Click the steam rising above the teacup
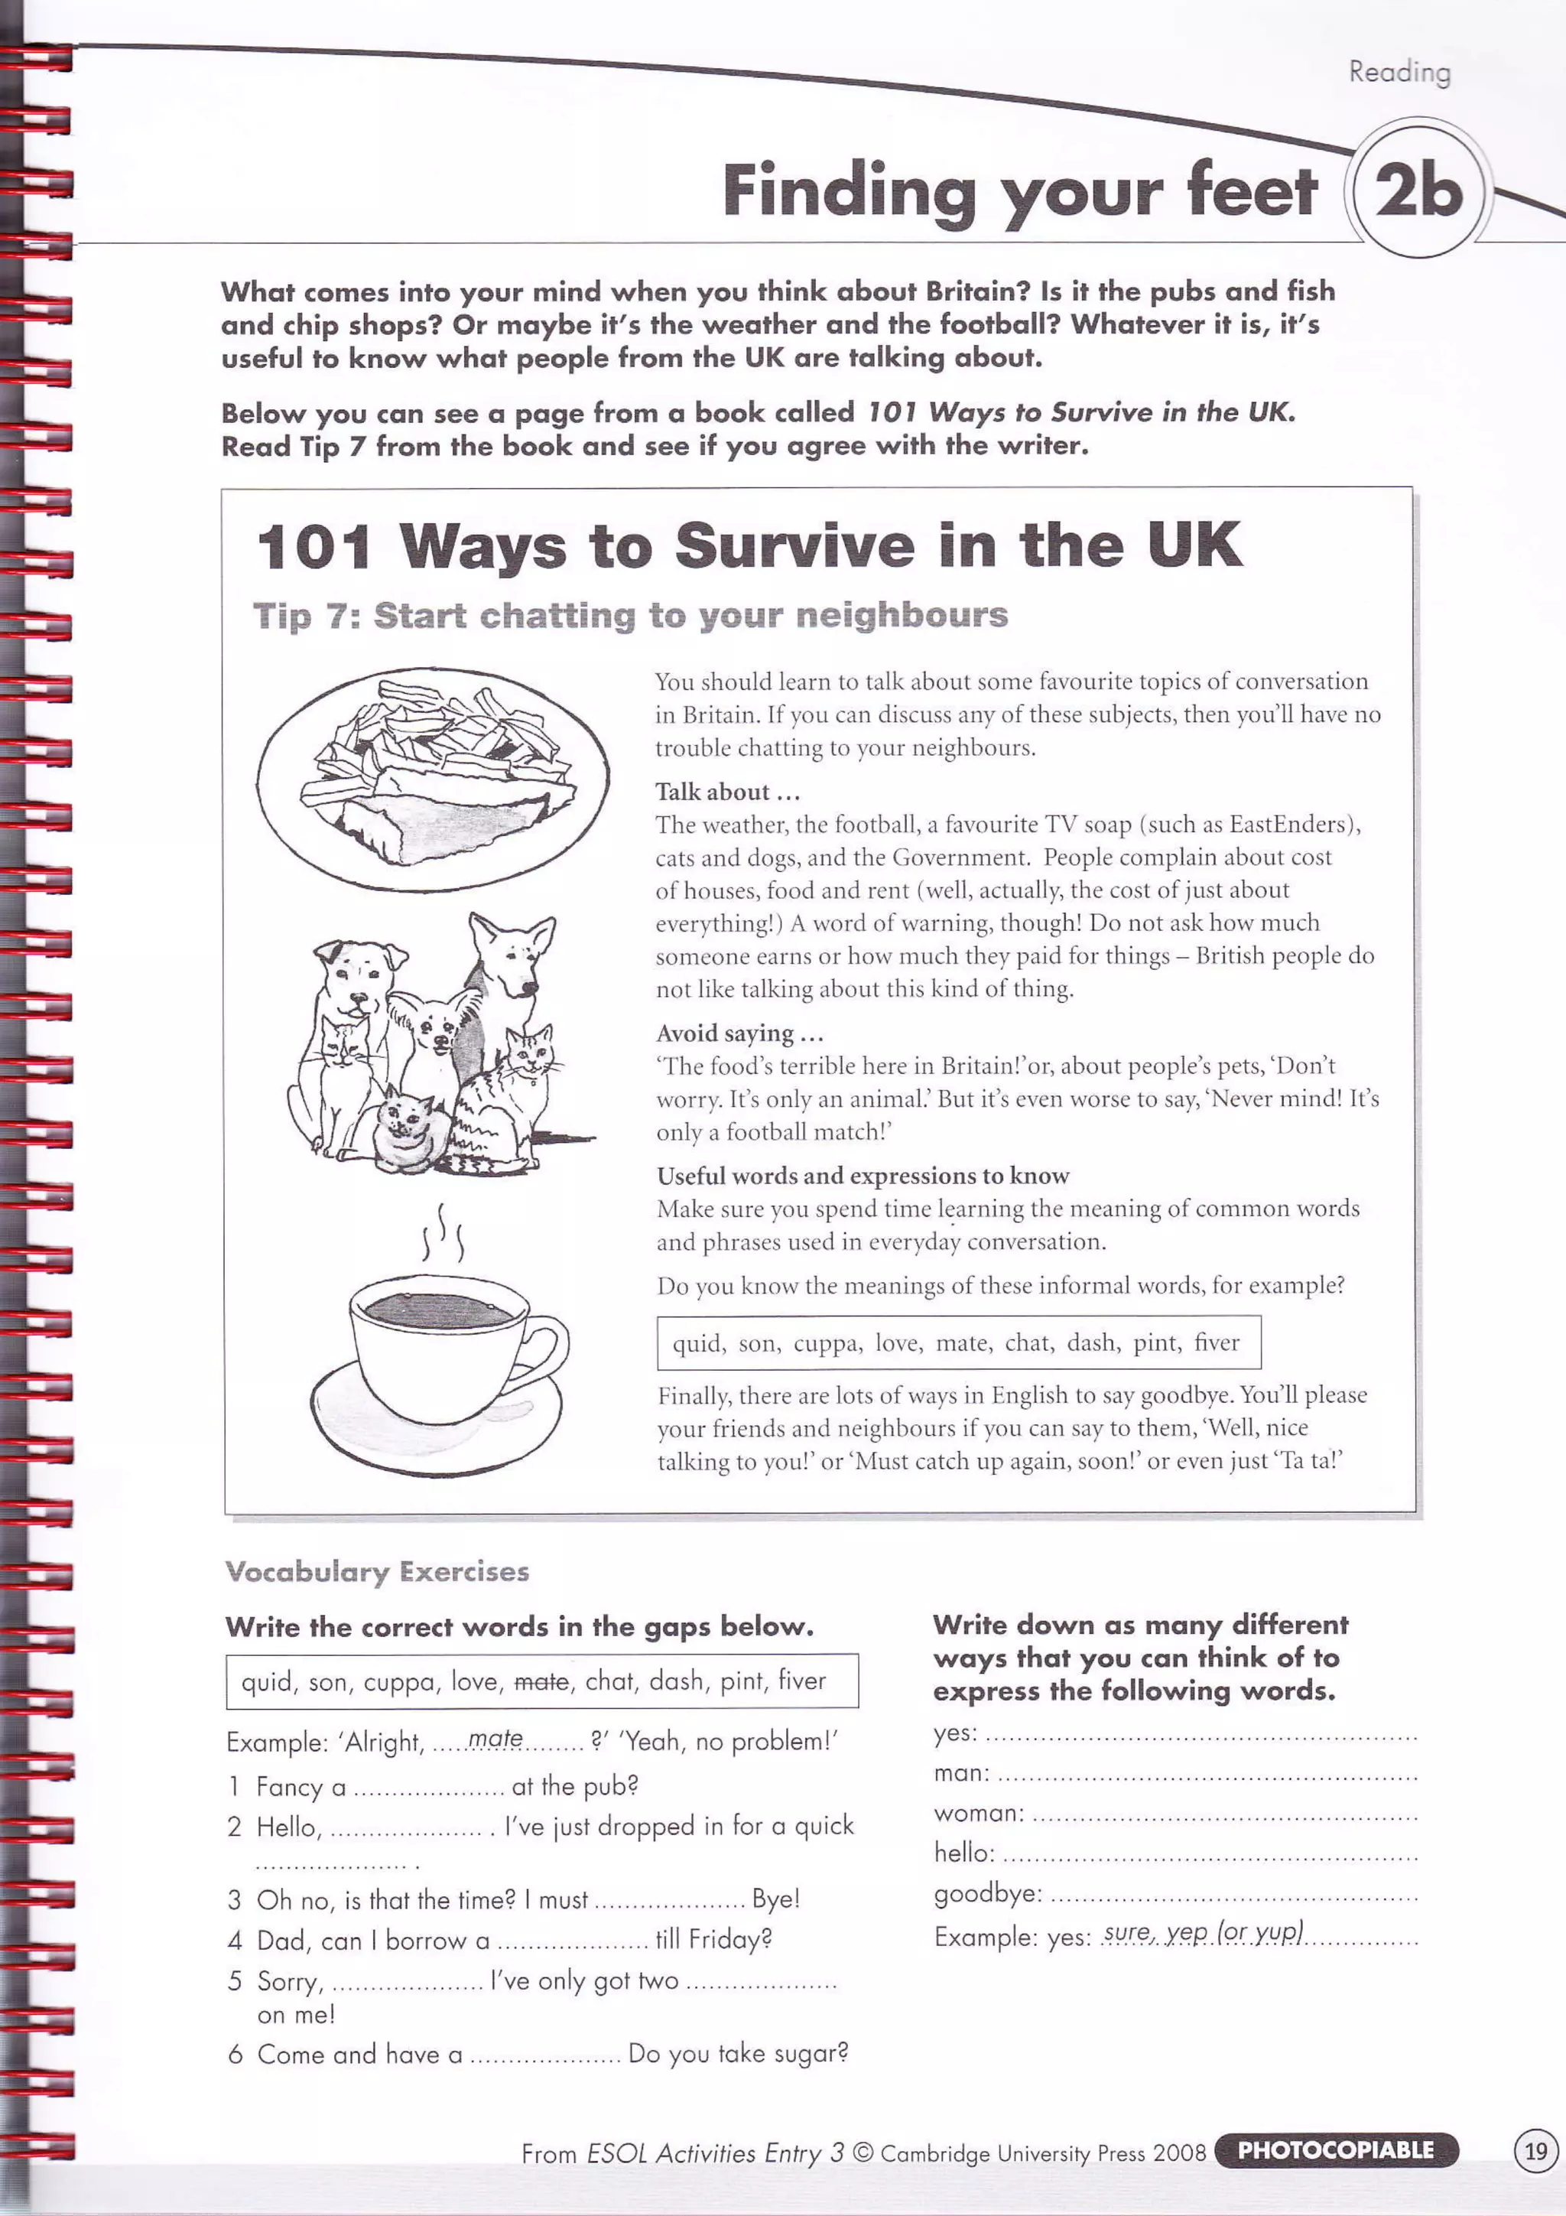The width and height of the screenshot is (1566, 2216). pyautogui.click(x=442, y=1234)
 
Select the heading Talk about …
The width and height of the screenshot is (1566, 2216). pyautogui.click(x=727, y=792)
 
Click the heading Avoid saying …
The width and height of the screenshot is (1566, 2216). pyautogui.click(x=739, y=1033)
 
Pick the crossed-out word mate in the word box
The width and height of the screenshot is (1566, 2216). pyautogui.click(x=541, y=1682)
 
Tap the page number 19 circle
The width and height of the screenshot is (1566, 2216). pyautogui.click(x=1535, y=2151)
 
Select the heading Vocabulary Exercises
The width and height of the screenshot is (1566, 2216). pyautogui.click(x=377, y=1572)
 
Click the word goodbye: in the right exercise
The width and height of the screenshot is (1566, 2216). pyautogui.click(x=987, y=1894)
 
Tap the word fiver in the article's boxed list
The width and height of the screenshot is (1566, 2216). pyautogui.click(x=1216, y=1342)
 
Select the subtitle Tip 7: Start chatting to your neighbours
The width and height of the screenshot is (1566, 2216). pyautogui.click(x=630, y=616)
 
